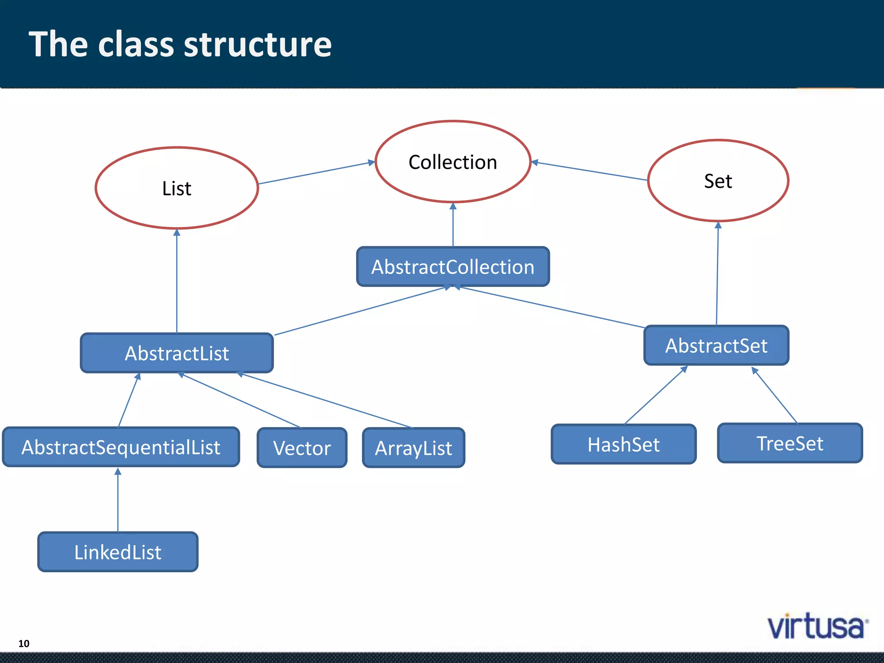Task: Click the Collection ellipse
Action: [x=453, y=162]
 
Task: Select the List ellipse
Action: [x=177, y=188]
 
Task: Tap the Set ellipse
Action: [x=718, y=180]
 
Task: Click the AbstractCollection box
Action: [x=453, y=267]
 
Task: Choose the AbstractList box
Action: [x=177, y=353]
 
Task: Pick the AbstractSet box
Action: [x=716, y=345]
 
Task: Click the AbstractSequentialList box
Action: [x=121, y=447]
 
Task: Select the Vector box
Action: [x=302, y=448]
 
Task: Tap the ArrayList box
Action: [x=414, y=448]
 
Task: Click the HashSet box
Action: [x=623, y=444]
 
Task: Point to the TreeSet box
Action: [x=789, y=443]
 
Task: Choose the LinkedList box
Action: [x=118, y=552]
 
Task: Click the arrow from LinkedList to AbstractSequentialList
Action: [x=118, y=501]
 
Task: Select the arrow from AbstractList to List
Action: [x=177, y=281]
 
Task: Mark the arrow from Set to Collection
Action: [x=589, y=171]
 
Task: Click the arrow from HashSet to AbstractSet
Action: [x=655, y=395]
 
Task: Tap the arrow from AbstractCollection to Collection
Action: [x=453, y=224]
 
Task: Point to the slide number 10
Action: [x=24, y=644]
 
